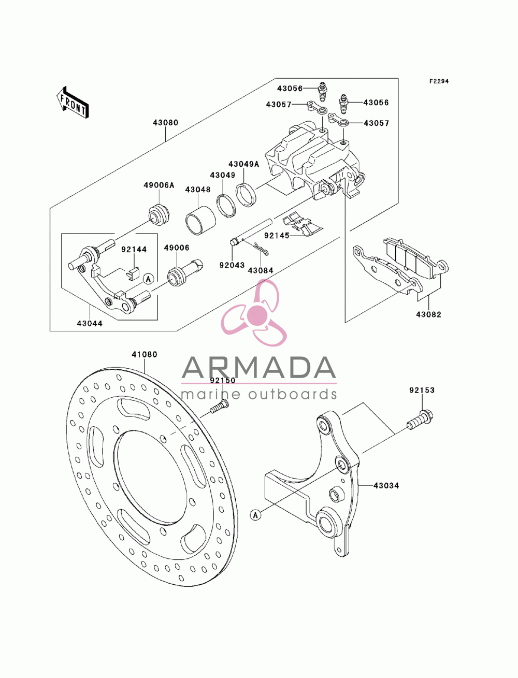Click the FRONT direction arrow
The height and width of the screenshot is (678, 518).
tap(73, 102)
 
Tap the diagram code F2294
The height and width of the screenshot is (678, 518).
tap(439, 81)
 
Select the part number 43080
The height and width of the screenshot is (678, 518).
tap(166, 123)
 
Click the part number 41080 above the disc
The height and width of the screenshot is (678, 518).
tap(145, 354)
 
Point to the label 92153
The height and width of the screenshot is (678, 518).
tap(422, 390)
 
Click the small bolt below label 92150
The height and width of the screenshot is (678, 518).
tap(219, 406)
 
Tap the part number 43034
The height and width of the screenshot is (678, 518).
tap(386, 485)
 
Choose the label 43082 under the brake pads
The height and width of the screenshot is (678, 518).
tap(429, 315)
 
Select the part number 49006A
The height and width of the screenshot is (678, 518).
tap(159, 185)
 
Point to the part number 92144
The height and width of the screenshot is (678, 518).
tap(134, 249)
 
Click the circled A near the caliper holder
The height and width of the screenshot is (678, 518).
tap(149, 279)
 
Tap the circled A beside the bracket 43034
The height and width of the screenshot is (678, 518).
tap(255, 515)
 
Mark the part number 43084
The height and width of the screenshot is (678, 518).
tap(261, 270)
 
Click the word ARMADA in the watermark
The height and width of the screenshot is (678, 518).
tap(259, 367)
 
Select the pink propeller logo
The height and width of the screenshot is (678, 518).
tap(254, 312)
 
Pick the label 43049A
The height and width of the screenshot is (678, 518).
tap(243, 164)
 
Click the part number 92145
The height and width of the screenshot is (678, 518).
tap(277, 236)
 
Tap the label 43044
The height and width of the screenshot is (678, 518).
tap(90, 323)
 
